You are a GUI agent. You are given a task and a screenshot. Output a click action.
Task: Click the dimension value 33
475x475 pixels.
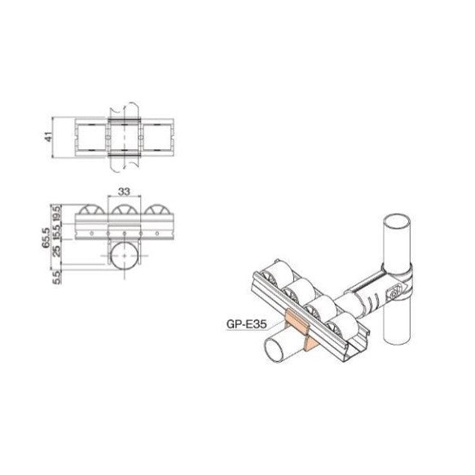pyautogui.click(x=125, y=192)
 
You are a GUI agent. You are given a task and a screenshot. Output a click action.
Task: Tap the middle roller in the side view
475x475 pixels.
pyautogui.click(x=125, y=213)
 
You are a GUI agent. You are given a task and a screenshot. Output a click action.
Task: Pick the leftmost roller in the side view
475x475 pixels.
pyautogui.click(x=92, y=213)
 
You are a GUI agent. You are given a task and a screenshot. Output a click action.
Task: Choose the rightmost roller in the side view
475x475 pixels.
pyautogui.click(x=159, y=213)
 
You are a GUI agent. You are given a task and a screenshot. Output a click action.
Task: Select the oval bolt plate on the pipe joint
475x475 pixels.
pyautogui.click(x=398, y=286)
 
